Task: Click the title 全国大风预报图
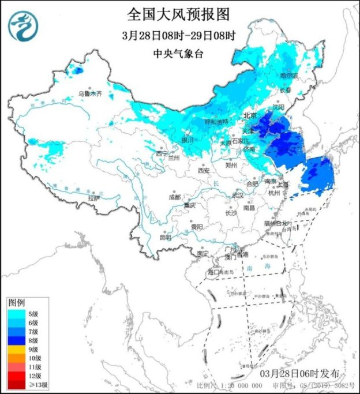tap(179, 12)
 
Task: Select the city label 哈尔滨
tap(289, 76)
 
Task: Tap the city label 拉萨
tap(93, 198)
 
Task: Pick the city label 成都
tap(175, 197)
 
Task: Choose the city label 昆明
tap(166, 237)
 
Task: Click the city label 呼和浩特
tap(217, 122)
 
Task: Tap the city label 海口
tap(214, 271)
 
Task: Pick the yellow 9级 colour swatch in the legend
tap(15, 350)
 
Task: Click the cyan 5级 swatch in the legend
tap(15, 314)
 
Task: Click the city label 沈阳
tap(279, 107)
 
